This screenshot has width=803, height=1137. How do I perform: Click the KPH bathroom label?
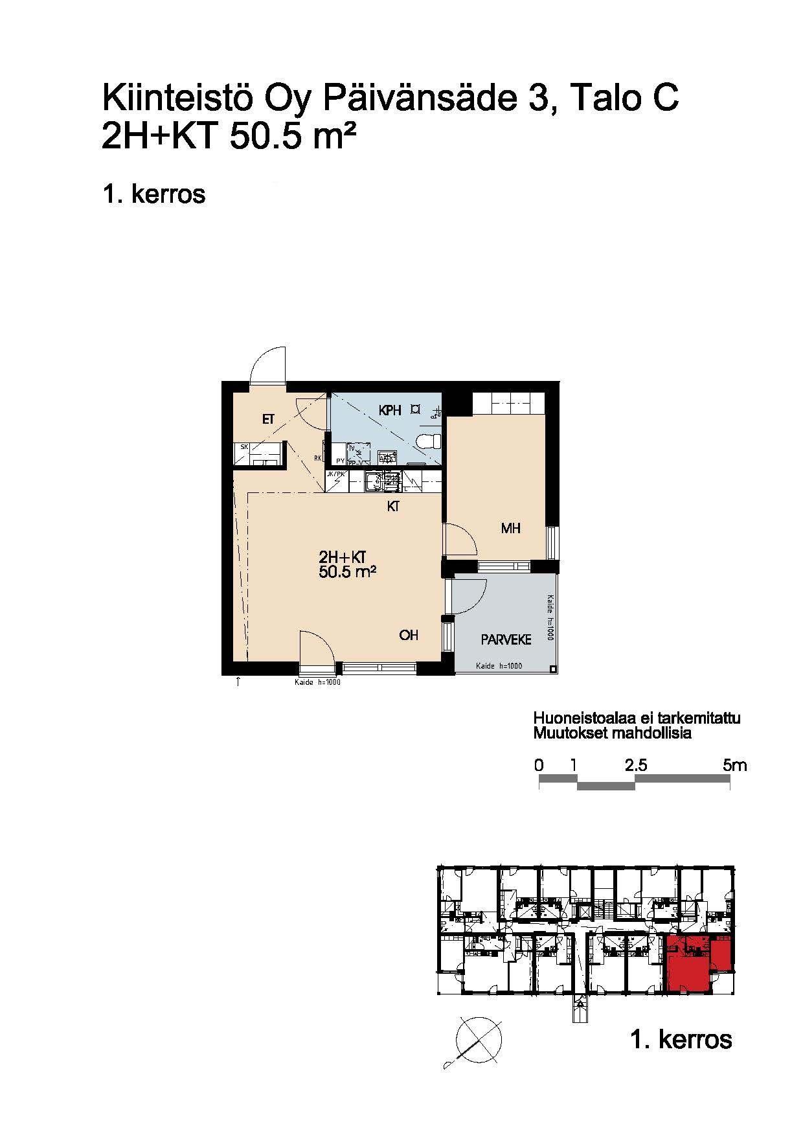click(x=390, y=410)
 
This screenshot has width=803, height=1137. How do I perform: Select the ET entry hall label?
click(x=268, y=420)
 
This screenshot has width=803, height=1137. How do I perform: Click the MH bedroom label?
click(x=511, y=529)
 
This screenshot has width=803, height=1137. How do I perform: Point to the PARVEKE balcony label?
click(x=506, y=640)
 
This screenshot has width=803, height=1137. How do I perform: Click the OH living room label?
click(x=409, y=636)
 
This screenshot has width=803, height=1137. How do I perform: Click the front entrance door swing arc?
click(x=267, y=364)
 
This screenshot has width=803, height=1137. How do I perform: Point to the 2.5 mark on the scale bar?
click(x=636, y=765)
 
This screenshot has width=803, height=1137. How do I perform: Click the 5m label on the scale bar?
click(x=734, y=765)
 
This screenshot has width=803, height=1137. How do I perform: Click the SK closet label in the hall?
click(x=245, y=447)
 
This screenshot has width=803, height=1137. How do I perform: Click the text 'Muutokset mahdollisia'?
click(x=612, y=733)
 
